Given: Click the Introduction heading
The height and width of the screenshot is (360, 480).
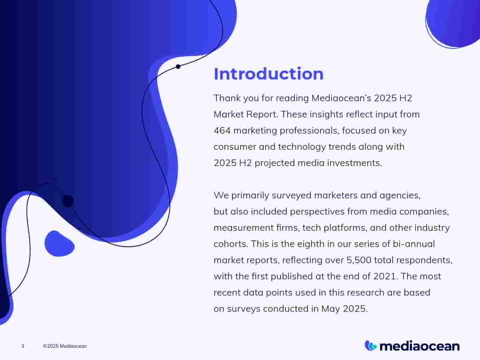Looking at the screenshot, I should [x=268, y=74].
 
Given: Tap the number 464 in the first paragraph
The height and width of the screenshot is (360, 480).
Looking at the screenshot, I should [x=222, y=130].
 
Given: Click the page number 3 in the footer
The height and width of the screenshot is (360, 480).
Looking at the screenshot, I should [x=23, y=346].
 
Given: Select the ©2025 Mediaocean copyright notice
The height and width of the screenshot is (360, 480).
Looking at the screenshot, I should [x=65, y=346].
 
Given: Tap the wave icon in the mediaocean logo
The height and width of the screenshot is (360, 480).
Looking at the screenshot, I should [x=371, y=346].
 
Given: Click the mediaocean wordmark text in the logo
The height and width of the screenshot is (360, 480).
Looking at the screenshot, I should [x=420, y=346].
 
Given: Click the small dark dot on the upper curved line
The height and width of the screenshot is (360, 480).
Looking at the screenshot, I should [x=178, y=67].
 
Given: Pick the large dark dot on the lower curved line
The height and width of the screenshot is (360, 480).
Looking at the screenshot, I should [x=68, y=201].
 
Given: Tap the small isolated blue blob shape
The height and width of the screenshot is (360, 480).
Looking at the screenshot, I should [x=58, y=244].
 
